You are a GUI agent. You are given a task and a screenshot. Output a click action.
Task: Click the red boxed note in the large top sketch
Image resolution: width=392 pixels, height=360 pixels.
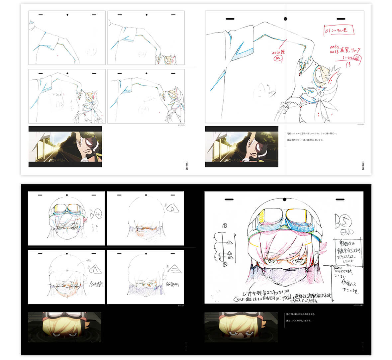pos(339,30)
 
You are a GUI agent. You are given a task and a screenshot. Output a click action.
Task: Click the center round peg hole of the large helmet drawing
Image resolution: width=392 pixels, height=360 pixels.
pos(284,200)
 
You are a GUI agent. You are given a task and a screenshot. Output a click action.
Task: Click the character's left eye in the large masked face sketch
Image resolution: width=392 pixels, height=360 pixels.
pos(272,261)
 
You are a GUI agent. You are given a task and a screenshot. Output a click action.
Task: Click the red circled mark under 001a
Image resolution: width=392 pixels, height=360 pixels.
pos(275,58)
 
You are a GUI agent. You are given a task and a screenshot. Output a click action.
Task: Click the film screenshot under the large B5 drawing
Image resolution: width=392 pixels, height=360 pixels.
pos(241,327)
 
